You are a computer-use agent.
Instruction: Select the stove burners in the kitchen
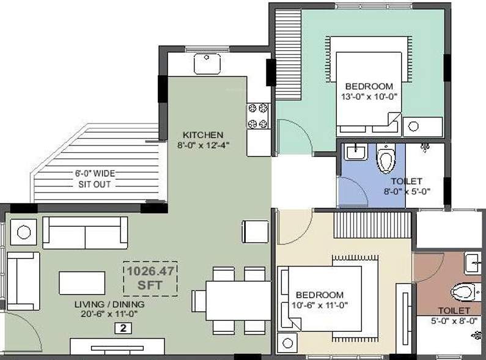(257, 116)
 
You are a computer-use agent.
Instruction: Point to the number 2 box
(122, 328)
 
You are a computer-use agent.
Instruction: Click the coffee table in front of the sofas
(82, 282)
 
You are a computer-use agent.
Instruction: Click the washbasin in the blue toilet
(354, 152)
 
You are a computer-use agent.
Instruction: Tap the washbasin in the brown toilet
(474, 263)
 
